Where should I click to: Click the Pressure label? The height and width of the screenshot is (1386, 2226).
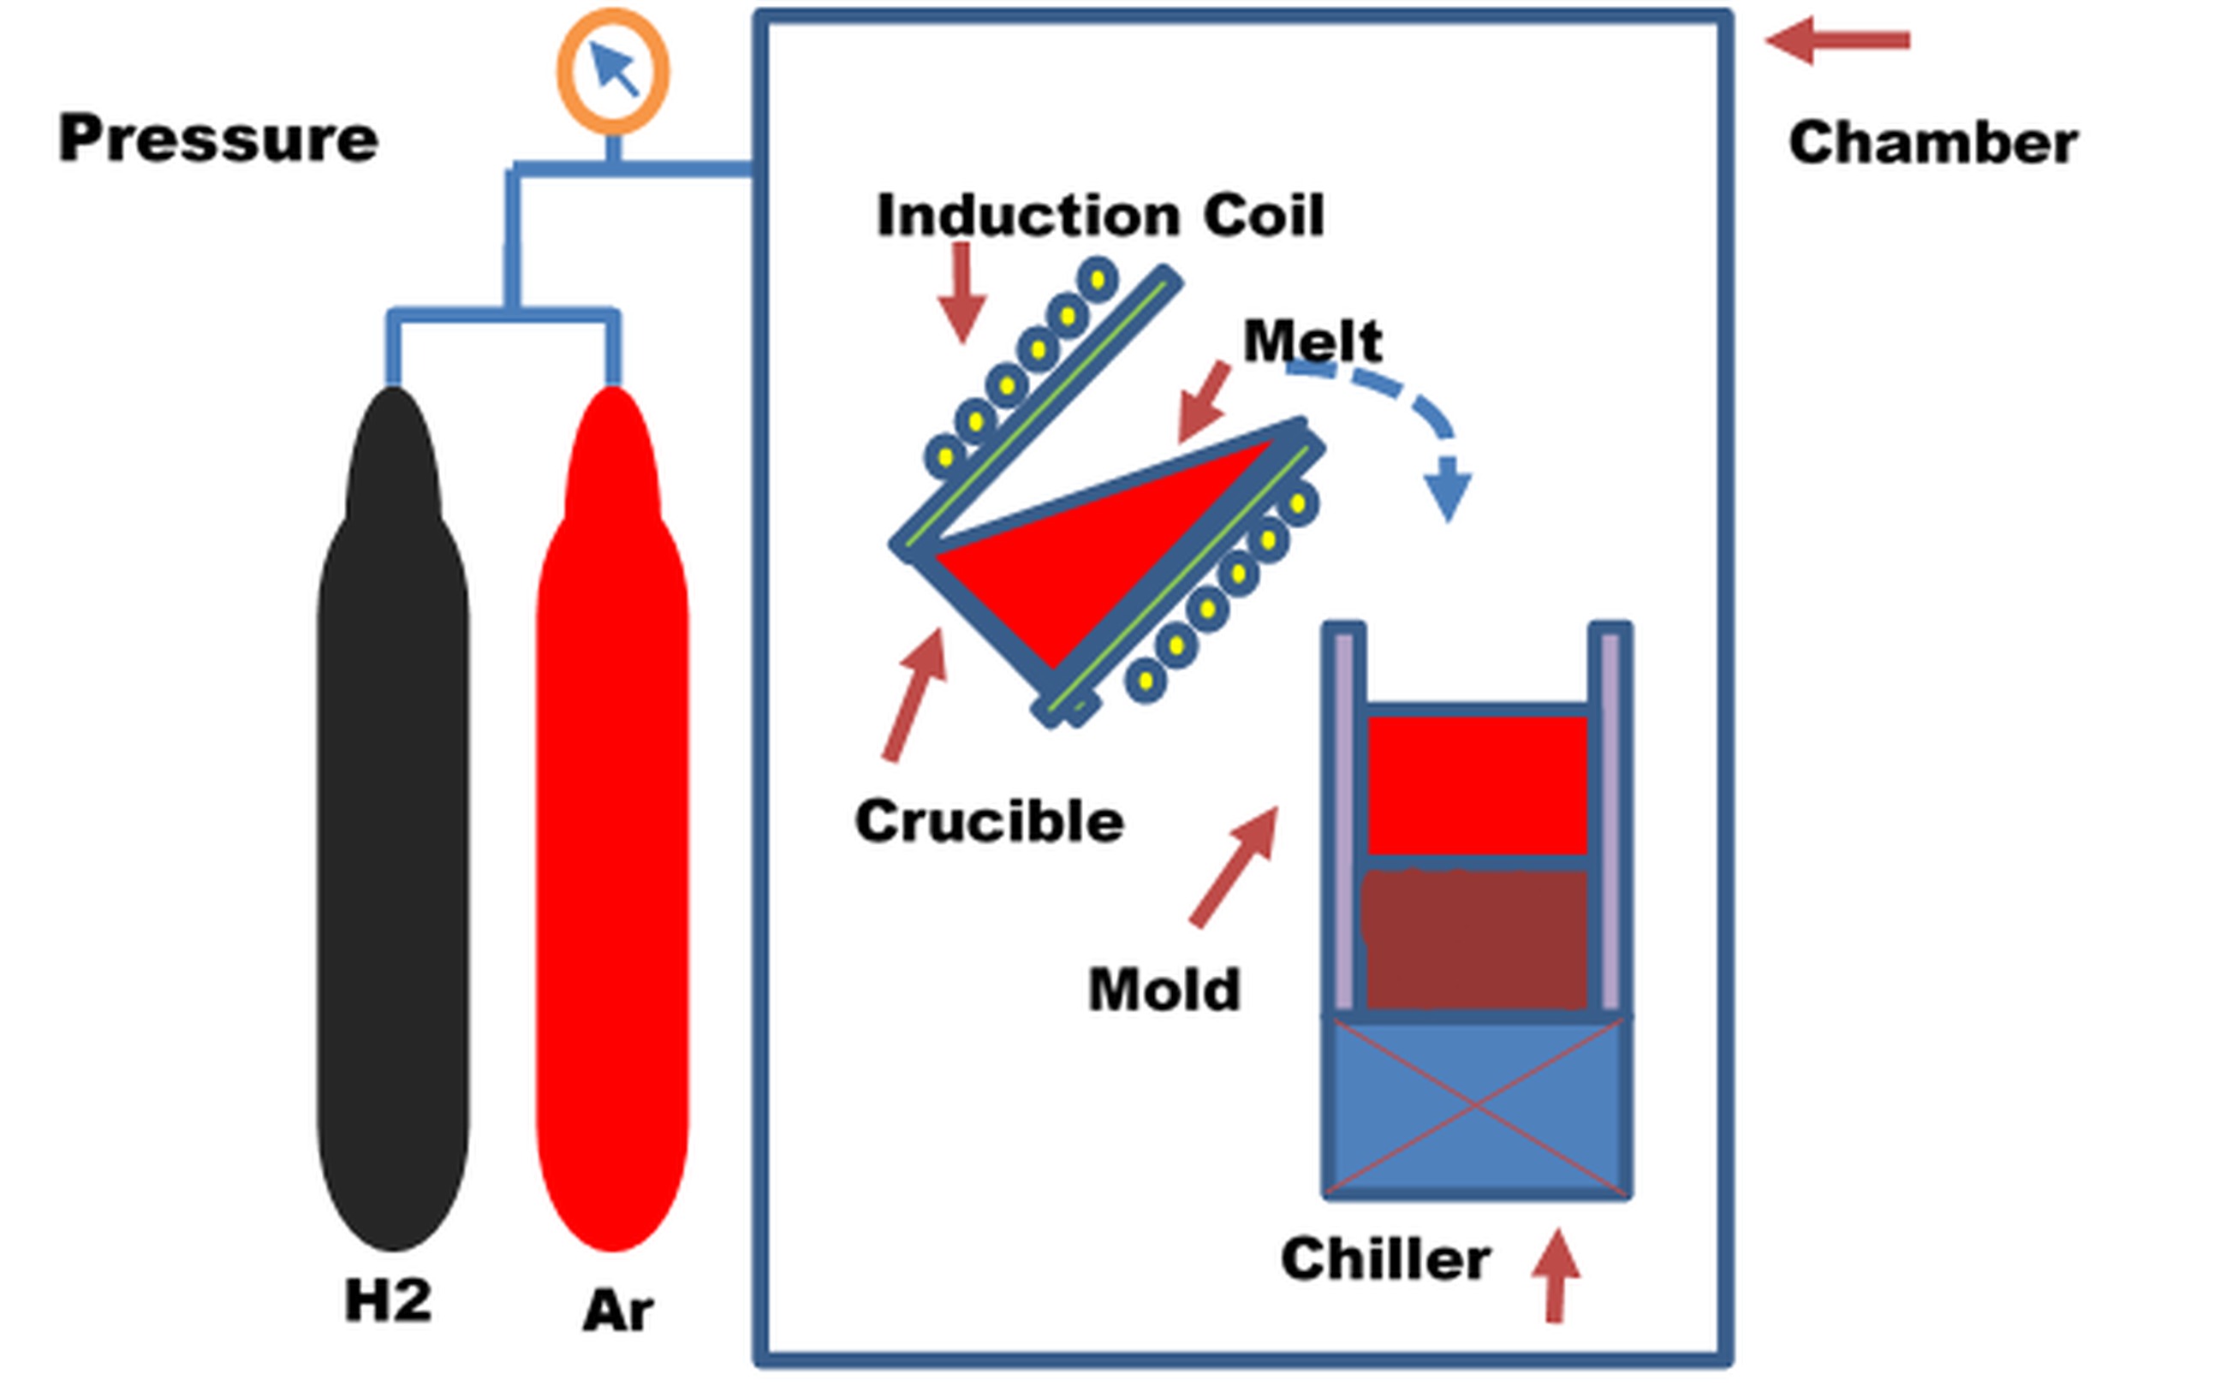[x=218, y=140]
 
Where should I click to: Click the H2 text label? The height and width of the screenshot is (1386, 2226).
[x=388, y=1300]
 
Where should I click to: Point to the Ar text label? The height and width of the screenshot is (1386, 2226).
[x=618, y=1310]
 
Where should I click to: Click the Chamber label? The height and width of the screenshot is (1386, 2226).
[x=1932, y=143]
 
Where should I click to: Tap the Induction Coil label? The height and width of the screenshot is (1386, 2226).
[x=1100, y=216]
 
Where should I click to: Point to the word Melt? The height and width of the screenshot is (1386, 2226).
[x=1312, y=341]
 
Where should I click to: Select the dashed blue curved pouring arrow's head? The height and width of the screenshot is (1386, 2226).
[x=1448, y=494]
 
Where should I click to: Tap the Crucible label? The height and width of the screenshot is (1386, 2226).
[x=989, y=820]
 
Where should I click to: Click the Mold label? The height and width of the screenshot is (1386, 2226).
[x=1164, y=990]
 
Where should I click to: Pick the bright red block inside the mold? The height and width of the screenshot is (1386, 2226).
[x=1477, y=785]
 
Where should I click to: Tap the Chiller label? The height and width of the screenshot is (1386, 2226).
[x=1385, y=1259]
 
